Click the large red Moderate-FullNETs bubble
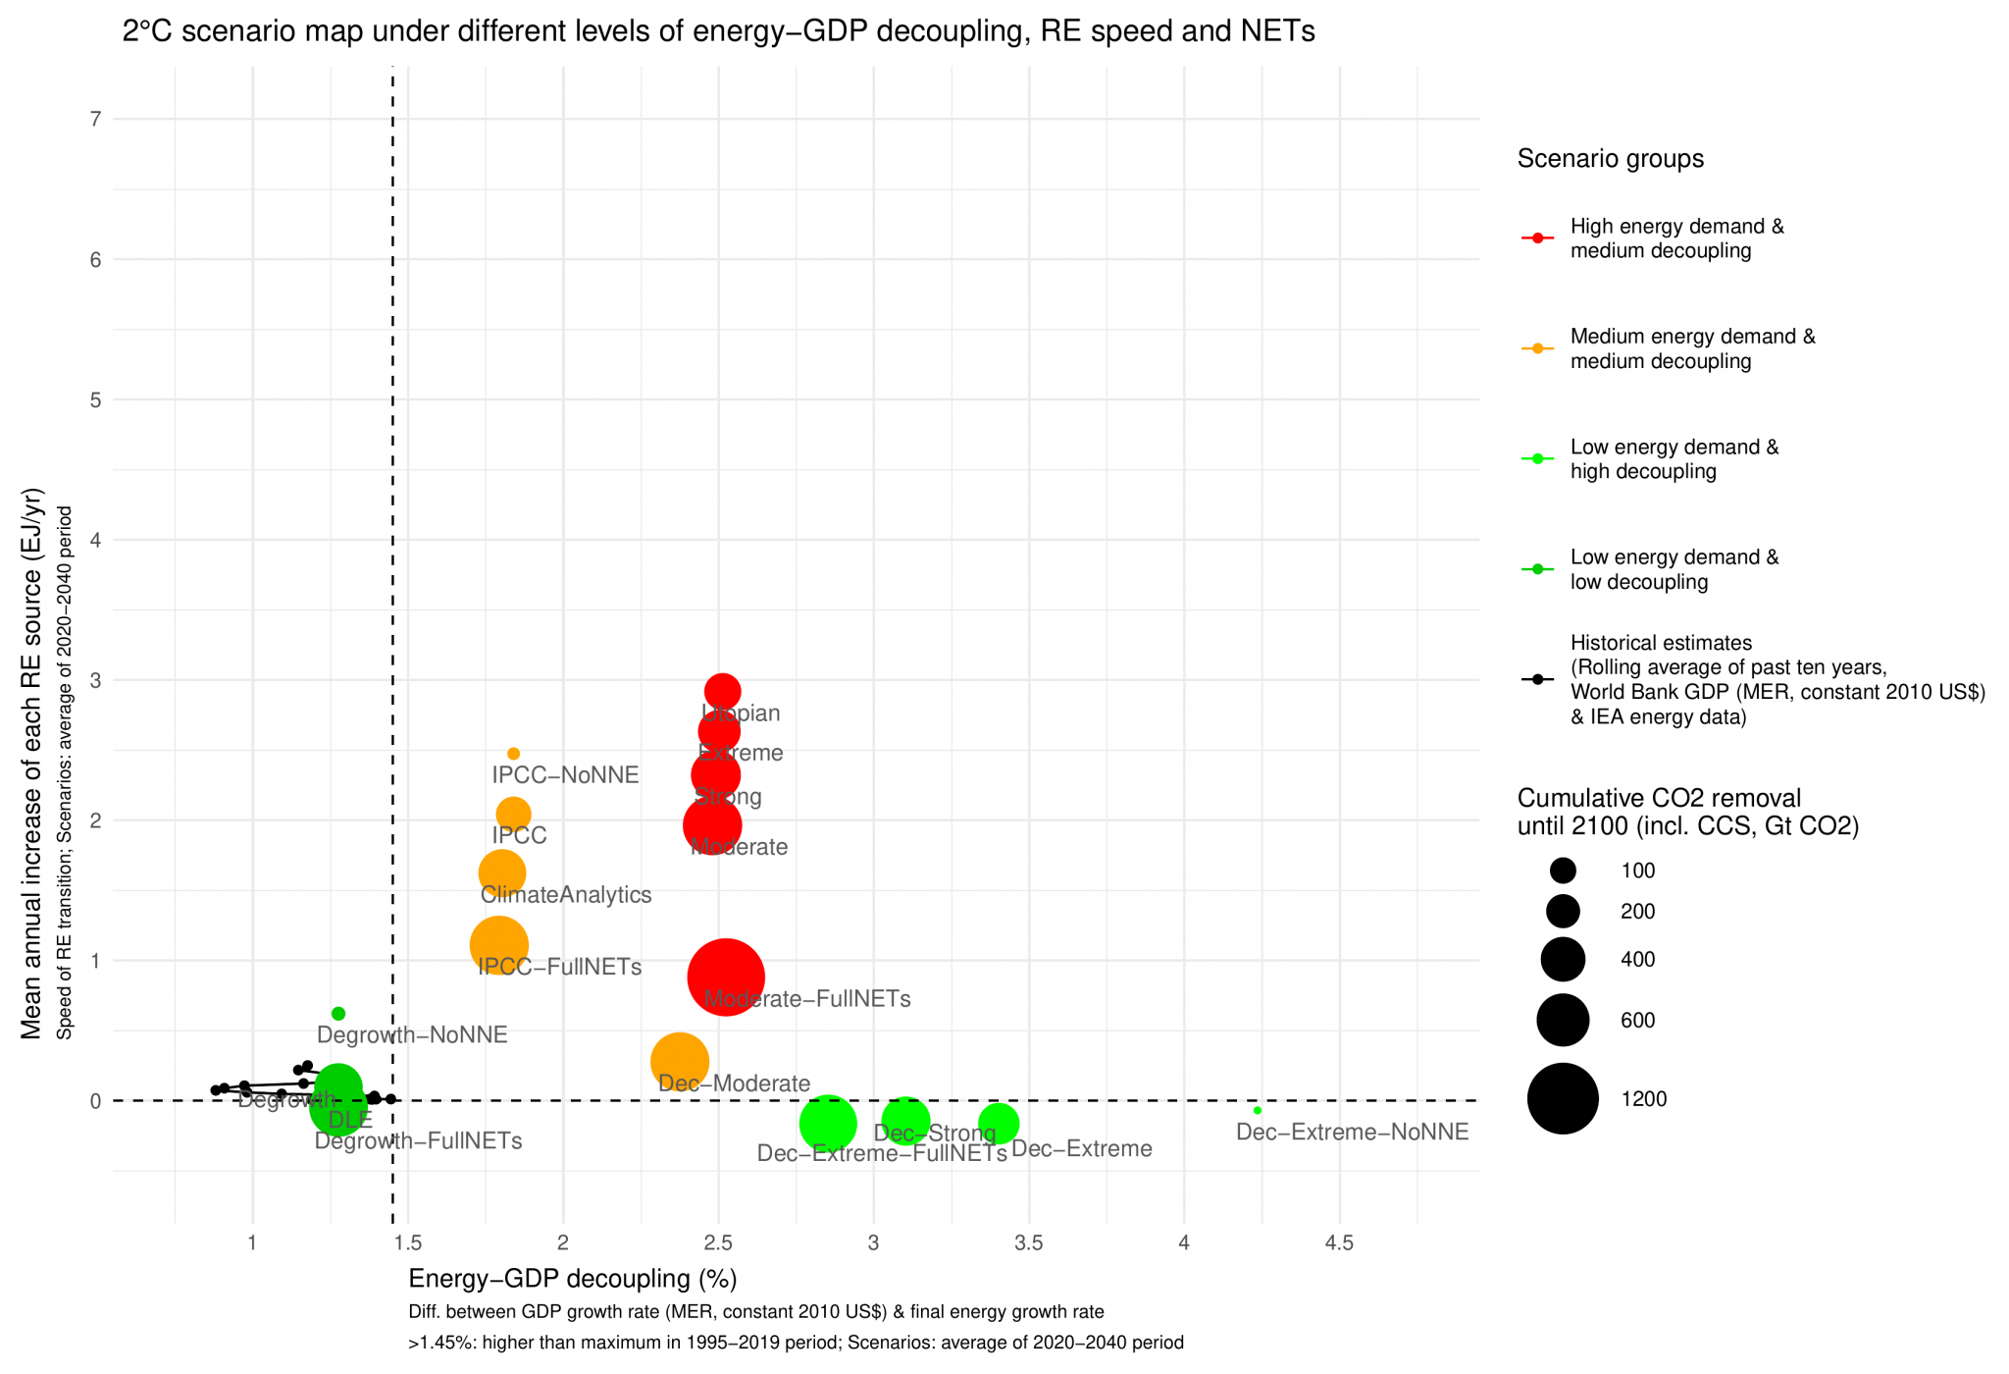pyautogui.click(x=725, y=977)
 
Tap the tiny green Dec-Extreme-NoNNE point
pyautogui.click(x=1257, y=1110)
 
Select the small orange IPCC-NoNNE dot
pyautogui.click(x=513, y=754)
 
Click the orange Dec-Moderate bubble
pyautogui.click(x=679, y=1061)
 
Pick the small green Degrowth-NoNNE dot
pyautogui.click(x=338, y=1013)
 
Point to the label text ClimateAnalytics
pyautogui.click(x=566, y=895)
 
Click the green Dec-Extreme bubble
pyautogui.click(x=998, y=1123)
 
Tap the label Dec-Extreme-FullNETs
pyautogui.click(x=882, y=1154)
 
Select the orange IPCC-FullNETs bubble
pyautogui.click(x=499, y=945)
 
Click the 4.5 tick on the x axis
pyautogui.click(x=1339, y=1243)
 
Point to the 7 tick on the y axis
pyautogui.click(x=95, y=119)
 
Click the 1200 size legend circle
pyautogui.click(x=1563, y=1098)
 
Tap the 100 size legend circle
pyautogui.click(x=1563, y=871)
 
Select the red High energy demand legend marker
pyautogui.click(x=1537, y=238)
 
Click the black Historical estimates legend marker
pyautogui.click(x=1537, y=679)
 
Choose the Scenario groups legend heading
pyautogui.click(x=1610, y=159)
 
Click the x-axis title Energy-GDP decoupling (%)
pyautogui.click(x=572, y=1279)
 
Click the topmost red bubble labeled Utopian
pyautogui.click(x=722, y=691)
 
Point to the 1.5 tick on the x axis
pyautogui.click(x=407, y=1243)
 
